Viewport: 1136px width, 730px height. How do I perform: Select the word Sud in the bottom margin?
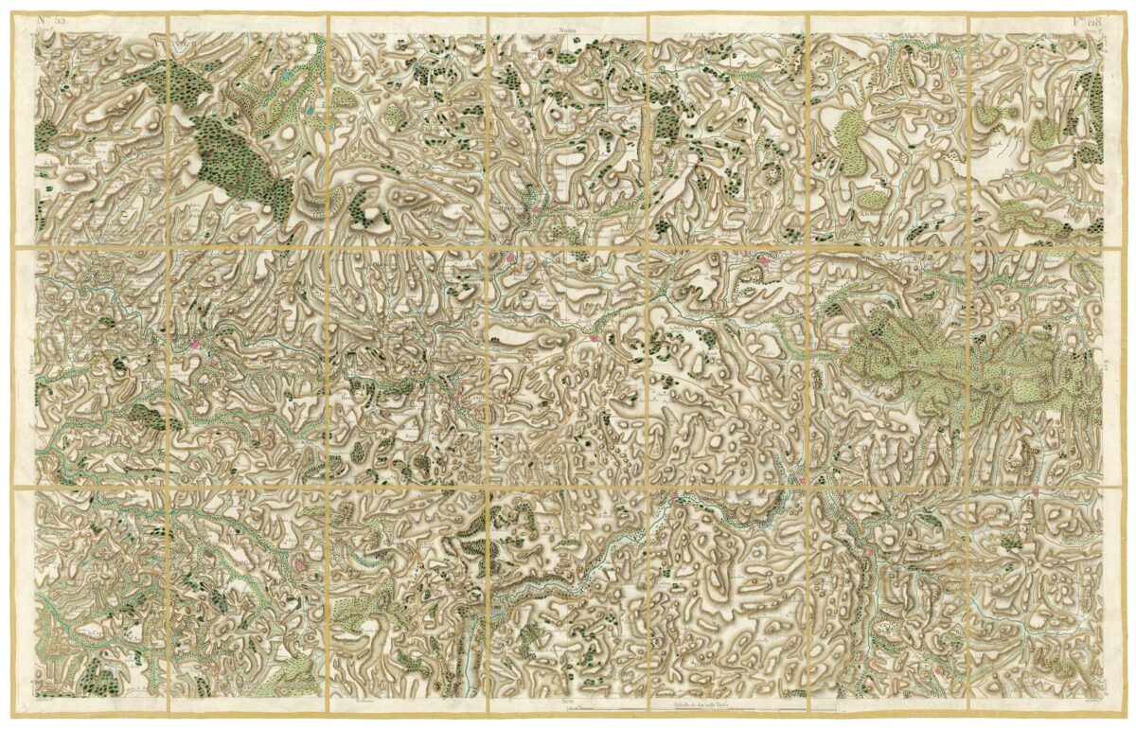(568, 703)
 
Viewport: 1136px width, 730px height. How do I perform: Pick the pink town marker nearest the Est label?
(1038, 491)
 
